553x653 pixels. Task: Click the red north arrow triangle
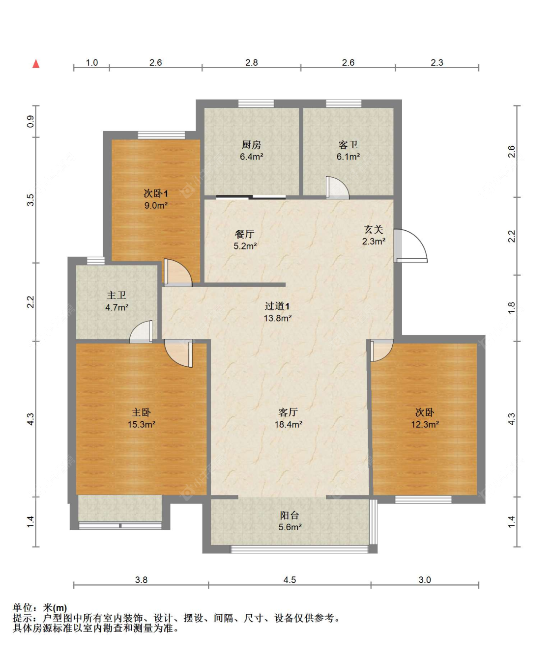[36, 64]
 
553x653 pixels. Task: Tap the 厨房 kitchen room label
[251, 151]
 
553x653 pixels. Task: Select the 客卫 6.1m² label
[348, 151]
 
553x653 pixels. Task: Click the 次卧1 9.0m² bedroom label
[156, 199]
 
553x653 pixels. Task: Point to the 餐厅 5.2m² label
[245, 240]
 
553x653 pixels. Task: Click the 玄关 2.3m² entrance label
[374, 235]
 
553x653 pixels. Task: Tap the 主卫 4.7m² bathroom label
[116, 301]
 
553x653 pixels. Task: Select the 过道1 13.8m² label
[277, 312]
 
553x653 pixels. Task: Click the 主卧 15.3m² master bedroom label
[141, 418]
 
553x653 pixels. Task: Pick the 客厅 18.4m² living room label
[288, 418]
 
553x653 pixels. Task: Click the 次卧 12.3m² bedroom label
[425, 418]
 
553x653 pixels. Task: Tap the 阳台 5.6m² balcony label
[290, 521]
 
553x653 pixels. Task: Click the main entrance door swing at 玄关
[410, 245]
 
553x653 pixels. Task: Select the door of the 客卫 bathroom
[337, 188]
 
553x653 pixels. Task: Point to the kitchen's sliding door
[251, 197]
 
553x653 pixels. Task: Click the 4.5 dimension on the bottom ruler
[290, 580]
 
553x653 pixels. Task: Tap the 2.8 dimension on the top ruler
[252, 62]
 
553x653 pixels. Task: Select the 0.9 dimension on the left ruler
[30, 121]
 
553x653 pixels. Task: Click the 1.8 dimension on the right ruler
[511, 308]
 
